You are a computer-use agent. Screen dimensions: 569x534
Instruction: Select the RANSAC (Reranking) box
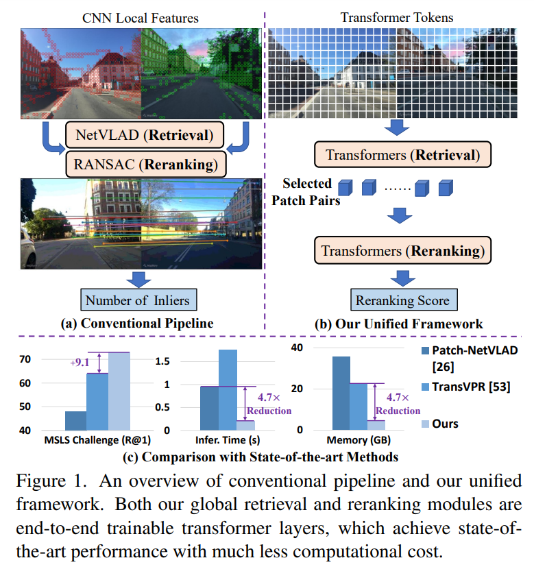pos(145,165)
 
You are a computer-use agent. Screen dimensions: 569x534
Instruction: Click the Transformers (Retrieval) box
pos(402,155)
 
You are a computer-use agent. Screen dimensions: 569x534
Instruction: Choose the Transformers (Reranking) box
pos(402,251)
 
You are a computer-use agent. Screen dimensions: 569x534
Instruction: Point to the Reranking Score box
pos(402,300)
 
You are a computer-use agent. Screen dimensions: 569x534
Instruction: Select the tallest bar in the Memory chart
pos(341,393)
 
